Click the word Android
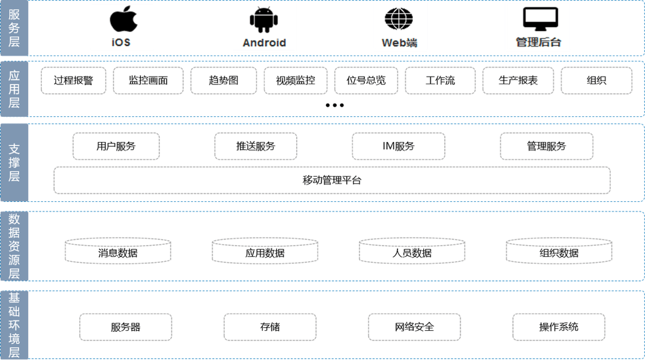click(264, 43)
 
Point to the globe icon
click(399, 18)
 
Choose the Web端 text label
click(399, 43)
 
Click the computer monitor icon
click(537, 19)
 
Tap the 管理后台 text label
click(538, 43)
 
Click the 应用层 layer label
click(14, 89)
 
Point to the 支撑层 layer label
click(14, 162)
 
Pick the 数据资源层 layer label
click(14, 246)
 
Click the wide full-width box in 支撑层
click(331, 180)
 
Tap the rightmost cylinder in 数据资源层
click(559, 251)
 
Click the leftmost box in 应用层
click(73, 80)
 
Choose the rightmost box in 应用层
click(596, 80)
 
